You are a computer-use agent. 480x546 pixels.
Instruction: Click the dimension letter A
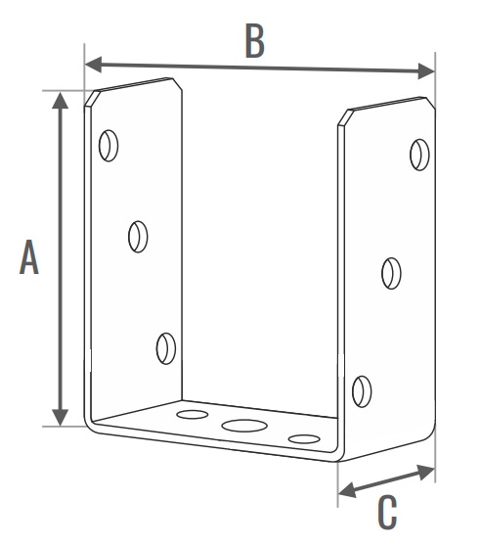click(x=29, y=257)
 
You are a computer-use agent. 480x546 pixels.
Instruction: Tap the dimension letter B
click(x=254, y=40)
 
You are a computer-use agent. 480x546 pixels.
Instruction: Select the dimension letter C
click(x=387, y=513)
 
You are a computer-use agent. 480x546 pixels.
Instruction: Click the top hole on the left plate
click(x=109, y=146)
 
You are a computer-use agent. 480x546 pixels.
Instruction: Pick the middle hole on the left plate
click(x=138, y=237)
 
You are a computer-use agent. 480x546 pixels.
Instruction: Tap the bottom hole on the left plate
click(x=166, y=348)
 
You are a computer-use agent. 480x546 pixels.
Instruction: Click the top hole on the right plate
click(x=419, y=155)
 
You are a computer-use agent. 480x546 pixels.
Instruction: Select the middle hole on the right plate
click(x=391, y=273)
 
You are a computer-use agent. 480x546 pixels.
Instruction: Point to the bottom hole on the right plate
click(x=362, y=391)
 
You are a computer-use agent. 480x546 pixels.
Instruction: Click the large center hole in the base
click(x=244, y=426)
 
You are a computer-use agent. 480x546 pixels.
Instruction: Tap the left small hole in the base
click(x=193, y=414)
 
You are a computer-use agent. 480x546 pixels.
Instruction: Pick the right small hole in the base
click(x=304, y=439)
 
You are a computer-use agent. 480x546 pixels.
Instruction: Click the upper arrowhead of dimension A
click(x=61, y=100)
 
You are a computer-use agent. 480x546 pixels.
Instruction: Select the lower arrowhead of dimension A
click(x=61, y=418)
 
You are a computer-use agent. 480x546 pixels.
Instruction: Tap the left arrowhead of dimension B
click(x=93, y=65)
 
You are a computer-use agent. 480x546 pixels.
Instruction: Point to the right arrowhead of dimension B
click(x=426, y=71)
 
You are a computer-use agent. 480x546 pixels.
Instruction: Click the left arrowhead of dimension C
click(x=347, y=490)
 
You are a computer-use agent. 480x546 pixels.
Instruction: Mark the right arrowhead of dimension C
click(x=425, y=472)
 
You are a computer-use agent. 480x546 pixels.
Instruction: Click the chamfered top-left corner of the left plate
click(x=92, y=98)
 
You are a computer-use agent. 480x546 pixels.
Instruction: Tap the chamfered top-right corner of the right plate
click(x=430, y=103)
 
